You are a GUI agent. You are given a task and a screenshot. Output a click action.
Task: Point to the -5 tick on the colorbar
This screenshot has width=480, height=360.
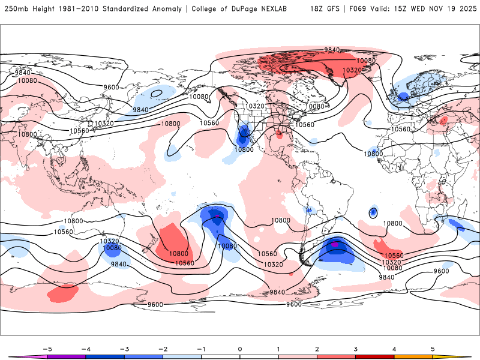coord(46,348)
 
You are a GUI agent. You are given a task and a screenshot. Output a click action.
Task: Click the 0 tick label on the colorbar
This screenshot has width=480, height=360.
coord(239,348)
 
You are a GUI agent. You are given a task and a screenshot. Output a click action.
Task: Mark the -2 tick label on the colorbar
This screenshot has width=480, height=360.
coord(162,348)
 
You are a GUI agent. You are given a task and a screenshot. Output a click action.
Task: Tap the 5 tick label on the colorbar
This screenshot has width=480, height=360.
coord(433,348)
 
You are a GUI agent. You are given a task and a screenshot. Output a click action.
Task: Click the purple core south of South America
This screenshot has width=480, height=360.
coord(335,244)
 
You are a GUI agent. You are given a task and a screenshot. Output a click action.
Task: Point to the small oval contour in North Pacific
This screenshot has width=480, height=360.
coord(157,93)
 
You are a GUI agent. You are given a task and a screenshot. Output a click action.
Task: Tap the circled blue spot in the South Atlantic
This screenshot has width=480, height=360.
coord(373,212)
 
